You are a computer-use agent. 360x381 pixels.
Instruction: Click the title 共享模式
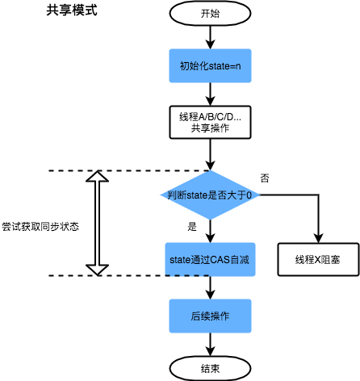(73, 14)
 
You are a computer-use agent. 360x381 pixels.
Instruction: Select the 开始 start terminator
(209, 14)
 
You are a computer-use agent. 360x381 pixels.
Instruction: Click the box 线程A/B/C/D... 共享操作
(209, 122)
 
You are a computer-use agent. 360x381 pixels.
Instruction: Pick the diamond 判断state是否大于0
(209, 195)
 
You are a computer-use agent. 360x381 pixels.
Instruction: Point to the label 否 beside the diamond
(265, 177)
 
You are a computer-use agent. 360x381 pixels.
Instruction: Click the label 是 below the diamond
(192, 227)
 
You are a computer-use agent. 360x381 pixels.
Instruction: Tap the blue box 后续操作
(209, 315)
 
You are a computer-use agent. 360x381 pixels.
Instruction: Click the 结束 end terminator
(209, 367)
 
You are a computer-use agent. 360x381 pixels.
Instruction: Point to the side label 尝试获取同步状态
(40, 227)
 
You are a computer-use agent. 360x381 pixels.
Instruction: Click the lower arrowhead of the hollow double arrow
(96, 269)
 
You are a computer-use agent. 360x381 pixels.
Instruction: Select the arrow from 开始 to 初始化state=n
(209, 36)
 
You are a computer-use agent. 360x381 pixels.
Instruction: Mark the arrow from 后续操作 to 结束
(209, 343)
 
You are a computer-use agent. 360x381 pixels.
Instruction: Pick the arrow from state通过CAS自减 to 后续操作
(209, 288)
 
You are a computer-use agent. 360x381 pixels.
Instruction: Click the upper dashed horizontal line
(121, 171)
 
